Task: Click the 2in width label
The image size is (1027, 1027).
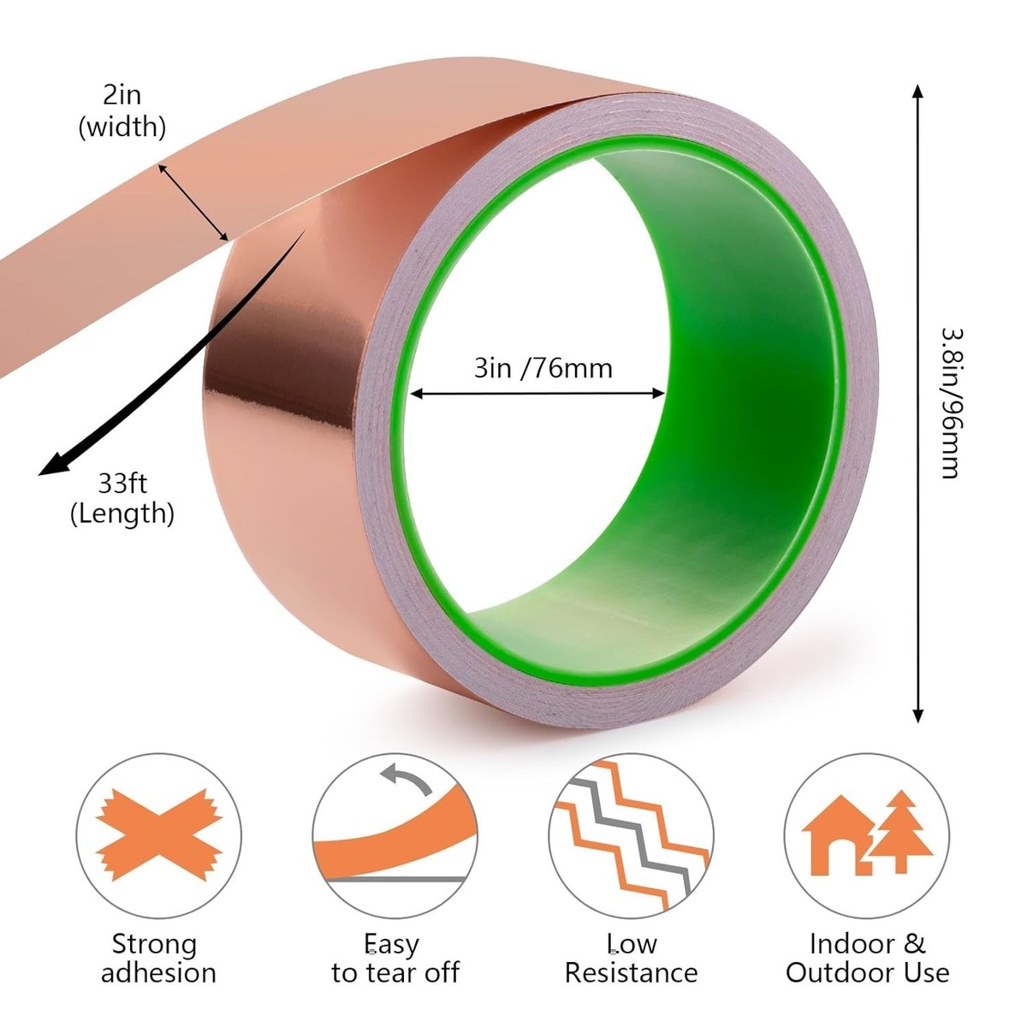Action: [122, 111]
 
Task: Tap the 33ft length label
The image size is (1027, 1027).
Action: [122, 498]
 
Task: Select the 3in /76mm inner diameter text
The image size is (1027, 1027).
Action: [543, 368]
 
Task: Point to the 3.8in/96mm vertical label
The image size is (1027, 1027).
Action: [951, 403]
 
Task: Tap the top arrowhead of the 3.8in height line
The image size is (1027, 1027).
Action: [917, 92]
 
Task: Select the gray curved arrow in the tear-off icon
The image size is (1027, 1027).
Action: [407, 779]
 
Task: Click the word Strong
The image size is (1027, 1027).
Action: [155, 944]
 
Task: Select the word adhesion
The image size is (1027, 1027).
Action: [159, 972]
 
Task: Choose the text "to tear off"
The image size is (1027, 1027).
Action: [395, 972]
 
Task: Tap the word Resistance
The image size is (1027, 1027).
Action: [631, 972]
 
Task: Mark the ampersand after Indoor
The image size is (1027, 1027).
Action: [914, 944]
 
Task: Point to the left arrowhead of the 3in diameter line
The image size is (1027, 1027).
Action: [418, 395]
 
